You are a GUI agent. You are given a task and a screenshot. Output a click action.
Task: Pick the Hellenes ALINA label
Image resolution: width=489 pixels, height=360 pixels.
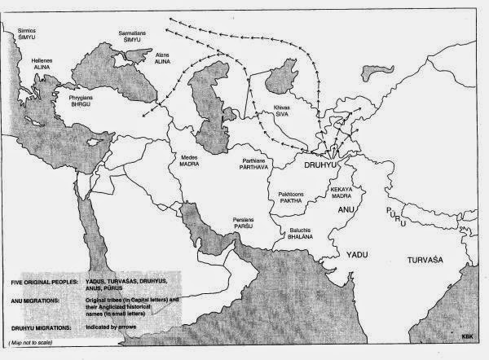click(42, 64)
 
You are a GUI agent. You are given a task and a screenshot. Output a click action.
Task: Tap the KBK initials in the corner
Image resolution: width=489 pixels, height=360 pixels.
click(465, 334)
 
